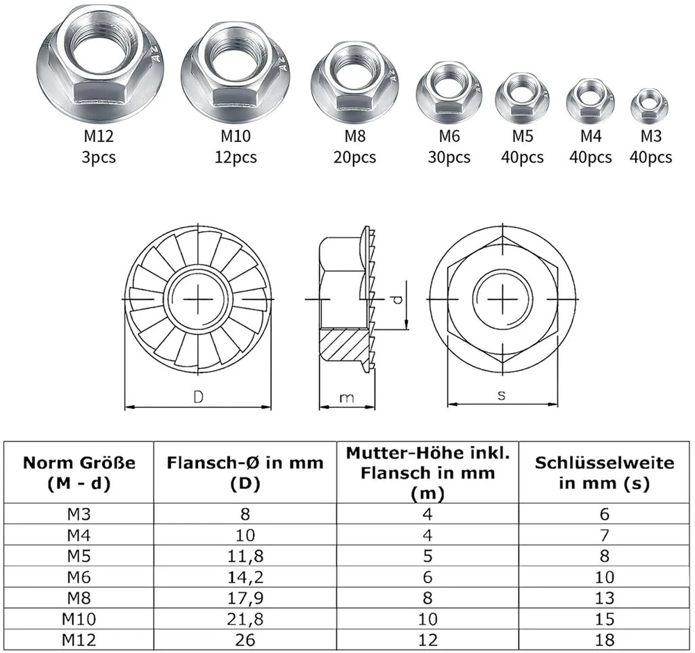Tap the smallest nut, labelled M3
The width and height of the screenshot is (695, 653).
pos(649,106)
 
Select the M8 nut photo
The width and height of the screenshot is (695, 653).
pos(354,83)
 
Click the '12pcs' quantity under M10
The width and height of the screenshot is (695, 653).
pos(236,157)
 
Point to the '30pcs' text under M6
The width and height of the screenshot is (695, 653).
pos(449,157)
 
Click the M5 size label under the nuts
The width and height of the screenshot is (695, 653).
pos(523,136)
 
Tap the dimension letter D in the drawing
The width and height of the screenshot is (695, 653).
pos(198,397)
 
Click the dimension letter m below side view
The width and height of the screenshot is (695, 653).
pos(347,398)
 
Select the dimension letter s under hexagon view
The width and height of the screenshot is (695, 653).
pos(501,395)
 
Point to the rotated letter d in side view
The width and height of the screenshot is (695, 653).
pos(398,300)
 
